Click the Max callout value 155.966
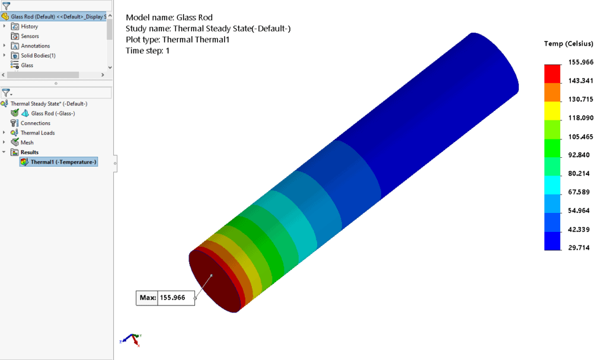(x=176, y=298)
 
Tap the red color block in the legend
(x=552, y=74)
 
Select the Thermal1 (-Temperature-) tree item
(x=63, y=162)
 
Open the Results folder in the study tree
(x=30, y=152)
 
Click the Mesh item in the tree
(x=27, y=142)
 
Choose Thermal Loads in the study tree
(x=37, y=133)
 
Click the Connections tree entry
(x=36, y=123)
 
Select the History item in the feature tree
(x=29, y=27)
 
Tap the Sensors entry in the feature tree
(x=30, y=36)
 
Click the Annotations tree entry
(x=35, y=46)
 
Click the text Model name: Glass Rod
(x=169, y=17)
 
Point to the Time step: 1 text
(x=148, y=51)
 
